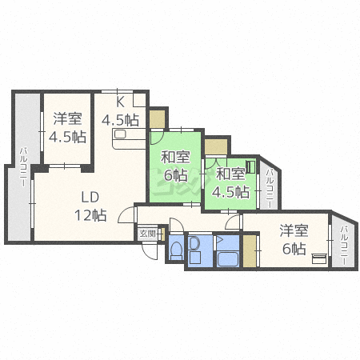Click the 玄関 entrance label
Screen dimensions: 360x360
click(x=147, y=234)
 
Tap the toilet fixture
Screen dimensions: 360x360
click(x=176, y=250)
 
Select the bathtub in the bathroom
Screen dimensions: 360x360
click(x=227, y=258)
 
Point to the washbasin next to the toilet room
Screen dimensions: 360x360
click(x=195, y=243)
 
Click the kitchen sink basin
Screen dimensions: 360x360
click(x=120, y=134)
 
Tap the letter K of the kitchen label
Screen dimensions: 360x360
click(x=120, y=102)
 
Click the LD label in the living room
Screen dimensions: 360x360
click(x=90, y=198)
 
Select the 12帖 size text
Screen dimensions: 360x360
click(x=90, y=215)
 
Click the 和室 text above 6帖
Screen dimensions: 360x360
click(x=175, y=158)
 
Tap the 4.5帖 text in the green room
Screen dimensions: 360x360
click(x=231, y=192)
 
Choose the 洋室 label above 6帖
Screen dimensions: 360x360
click(x=294, y=230)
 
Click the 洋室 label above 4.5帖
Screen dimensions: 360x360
click(x=67, y=118)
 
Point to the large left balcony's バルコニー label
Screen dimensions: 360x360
click(x=23, y=167)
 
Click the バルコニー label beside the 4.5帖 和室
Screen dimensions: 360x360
click(x=270, y=189)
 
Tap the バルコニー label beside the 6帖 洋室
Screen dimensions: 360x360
click(x=344, y=246)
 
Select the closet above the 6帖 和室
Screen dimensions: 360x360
click(x=157, y=119)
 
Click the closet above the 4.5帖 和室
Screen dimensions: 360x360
click(x=216, y=146)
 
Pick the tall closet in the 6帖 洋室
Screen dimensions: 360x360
click(x=250, y=250)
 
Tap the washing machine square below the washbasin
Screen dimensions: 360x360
click(x=194, y=258)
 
